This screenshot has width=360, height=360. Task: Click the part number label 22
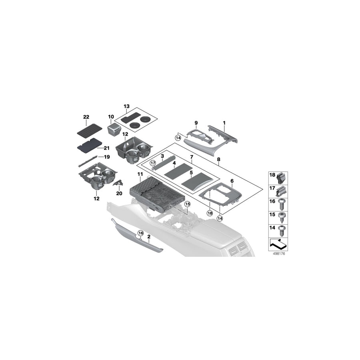86,116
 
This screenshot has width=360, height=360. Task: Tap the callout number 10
111,116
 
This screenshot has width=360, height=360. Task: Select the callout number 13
127,106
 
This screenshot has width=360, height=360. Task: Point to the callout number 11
140,174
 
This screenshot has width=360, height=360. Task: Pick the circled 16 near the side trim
140,233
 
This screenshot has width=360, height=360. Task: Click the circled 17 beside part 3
152,162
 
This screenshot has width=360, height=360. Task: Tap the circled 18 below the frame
210,213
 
